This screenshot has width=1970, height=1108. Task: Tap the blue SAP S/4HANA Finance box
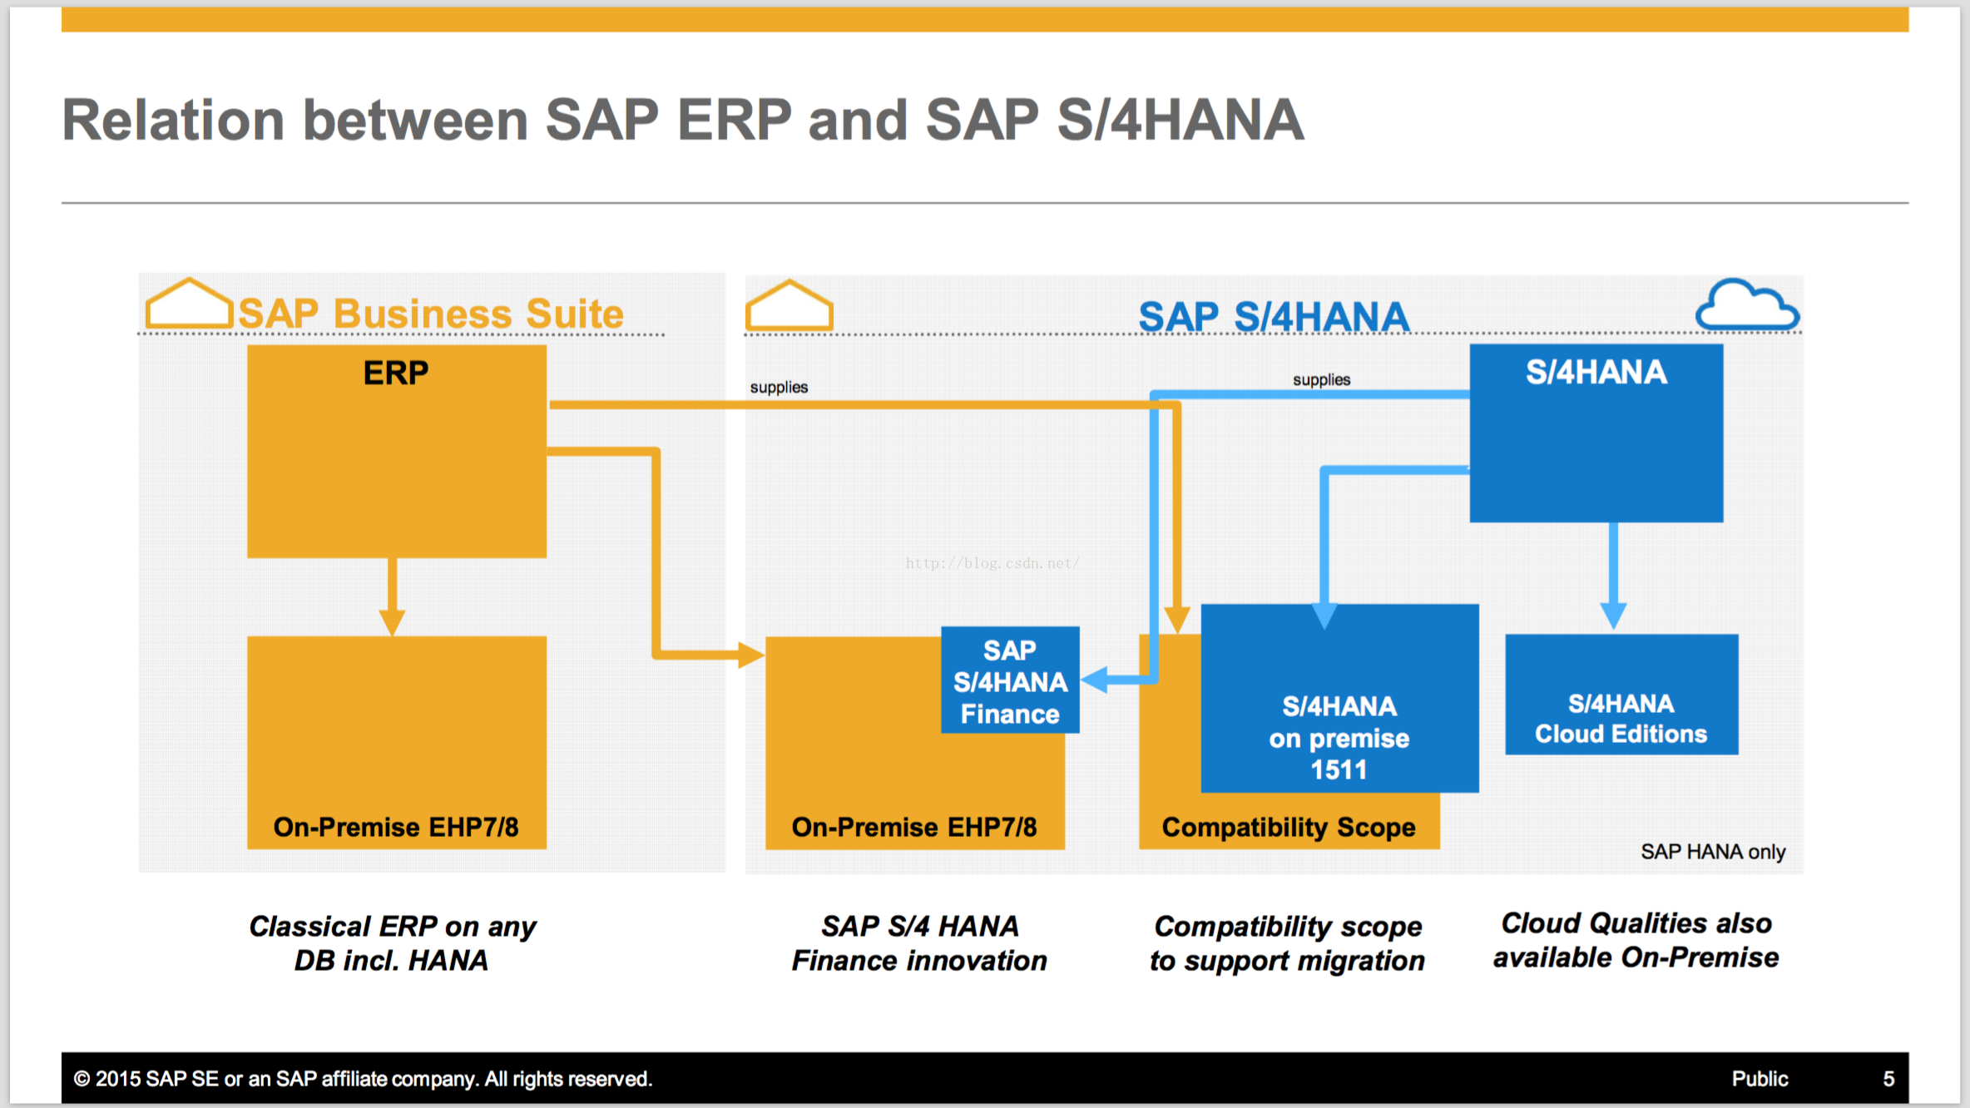1010,680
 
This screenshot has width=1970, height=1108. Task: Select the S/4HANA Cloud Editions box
1621,695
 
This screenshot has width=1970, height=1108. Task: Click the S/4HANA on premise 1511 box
1339,699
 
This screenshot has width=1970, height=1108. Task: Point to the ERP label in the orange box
396,373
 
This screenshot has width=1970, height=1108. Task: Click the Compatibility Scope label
1289,827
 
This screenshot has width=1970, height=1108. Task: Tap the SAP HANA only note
1713,852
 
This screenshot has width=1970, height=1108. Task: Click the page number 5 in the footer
1888,1079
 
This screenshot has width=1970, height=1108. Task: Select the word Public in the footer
1760,1079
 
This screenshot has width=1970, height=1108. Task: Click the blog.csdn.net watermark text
992,563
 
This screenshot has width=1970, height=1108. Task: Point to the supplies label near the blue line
1321,380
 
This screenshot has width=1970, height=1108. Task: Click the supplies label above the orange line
779,388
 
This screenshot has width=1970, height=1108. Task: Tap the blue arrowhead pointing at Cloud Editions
1613,616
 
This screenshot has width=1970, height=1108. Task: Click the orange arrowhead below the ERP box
392,622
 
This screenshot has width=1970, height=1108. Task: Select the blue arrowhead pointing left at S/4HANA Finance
1094,680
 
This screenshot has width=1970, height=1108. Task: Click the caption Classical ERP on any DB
393,943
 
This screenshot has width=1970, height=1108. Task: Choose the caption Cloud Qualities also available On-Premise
1636,940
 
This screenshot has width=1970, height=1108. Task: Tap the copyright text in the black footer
363,1079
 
